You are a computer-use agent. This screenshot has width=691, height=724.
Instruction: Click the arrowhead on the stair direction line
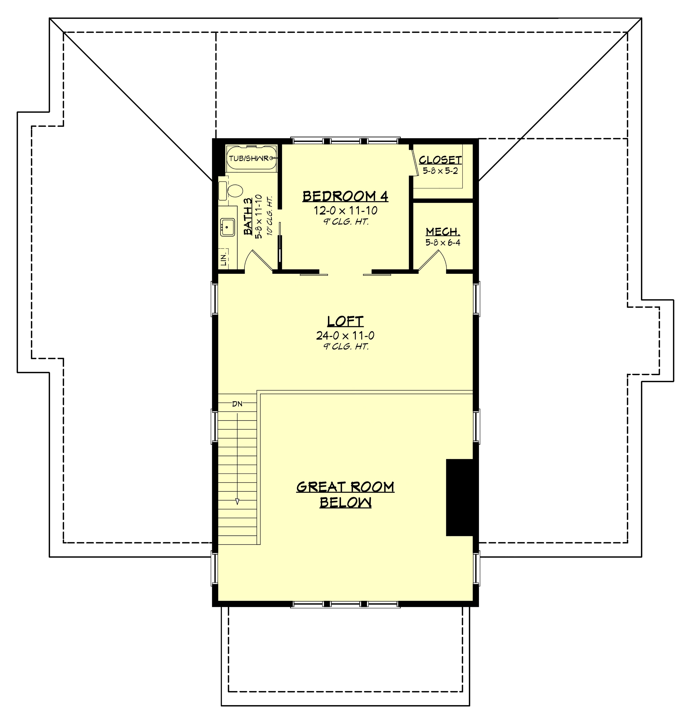[237, 501]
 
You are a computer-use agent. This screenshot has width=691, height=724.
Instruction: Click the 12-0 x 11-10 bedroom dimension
[345, 211]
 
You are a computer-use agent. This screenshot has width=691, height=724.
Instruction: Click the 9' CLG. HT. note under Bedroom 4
[345, 222]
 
